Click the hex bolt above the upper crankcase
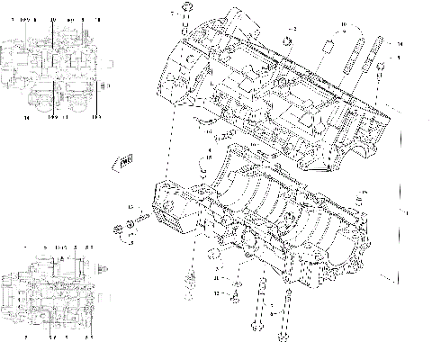(x=184, y=11)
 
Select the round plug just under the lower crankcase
(x=219, y=254)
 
